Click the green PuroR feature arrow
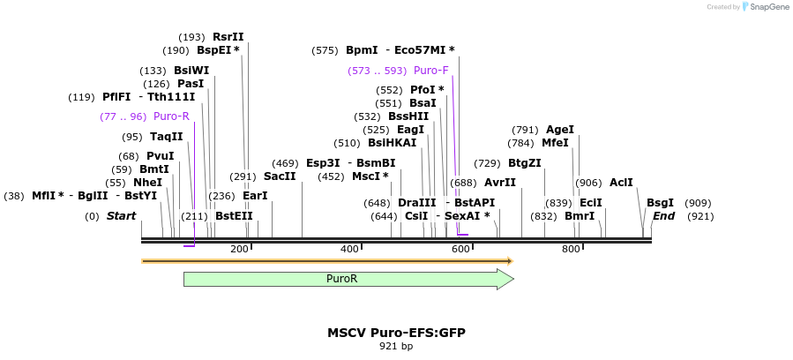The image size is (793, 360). click(x=348, y=279)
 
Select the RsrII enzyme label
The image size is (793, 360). click(x=228, y=37)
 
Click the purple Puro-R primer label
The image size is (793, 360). click(x=171, y=116)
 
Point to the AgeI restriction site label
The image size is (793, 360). click(x=560, y=130)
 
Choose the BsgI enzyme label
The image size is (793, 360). click(x=660, y=203)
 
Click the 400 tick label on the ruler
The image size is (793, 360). click(x=350, y=250)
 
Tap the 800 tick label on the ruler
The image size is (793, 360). click(x=571, y=250)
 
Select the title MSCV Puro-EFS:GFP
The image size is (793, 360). click(x=396, y=333)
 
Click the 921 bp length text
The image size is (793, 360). click(x=396, y=346)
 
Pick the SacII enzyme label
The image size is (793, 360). click(x=280, y=176)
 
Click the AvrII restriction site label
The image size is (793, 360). click(x=500, y=183)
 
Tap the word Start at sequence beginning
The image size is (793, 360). click(x=121, y=216)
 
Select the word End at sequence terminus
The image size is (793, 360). click(x=663, y=216)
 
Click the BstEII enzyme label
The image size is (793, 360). click(x=234, y=216)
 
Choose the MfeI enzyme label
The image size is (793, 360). click(x=555, y=143)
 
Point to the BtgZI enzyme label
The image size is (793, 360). click(x=525, y=163)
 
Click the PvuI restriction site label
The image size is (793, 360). click(x=161, y=156)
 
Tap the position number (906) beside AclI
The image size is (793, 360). click(x=588, y=183)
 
